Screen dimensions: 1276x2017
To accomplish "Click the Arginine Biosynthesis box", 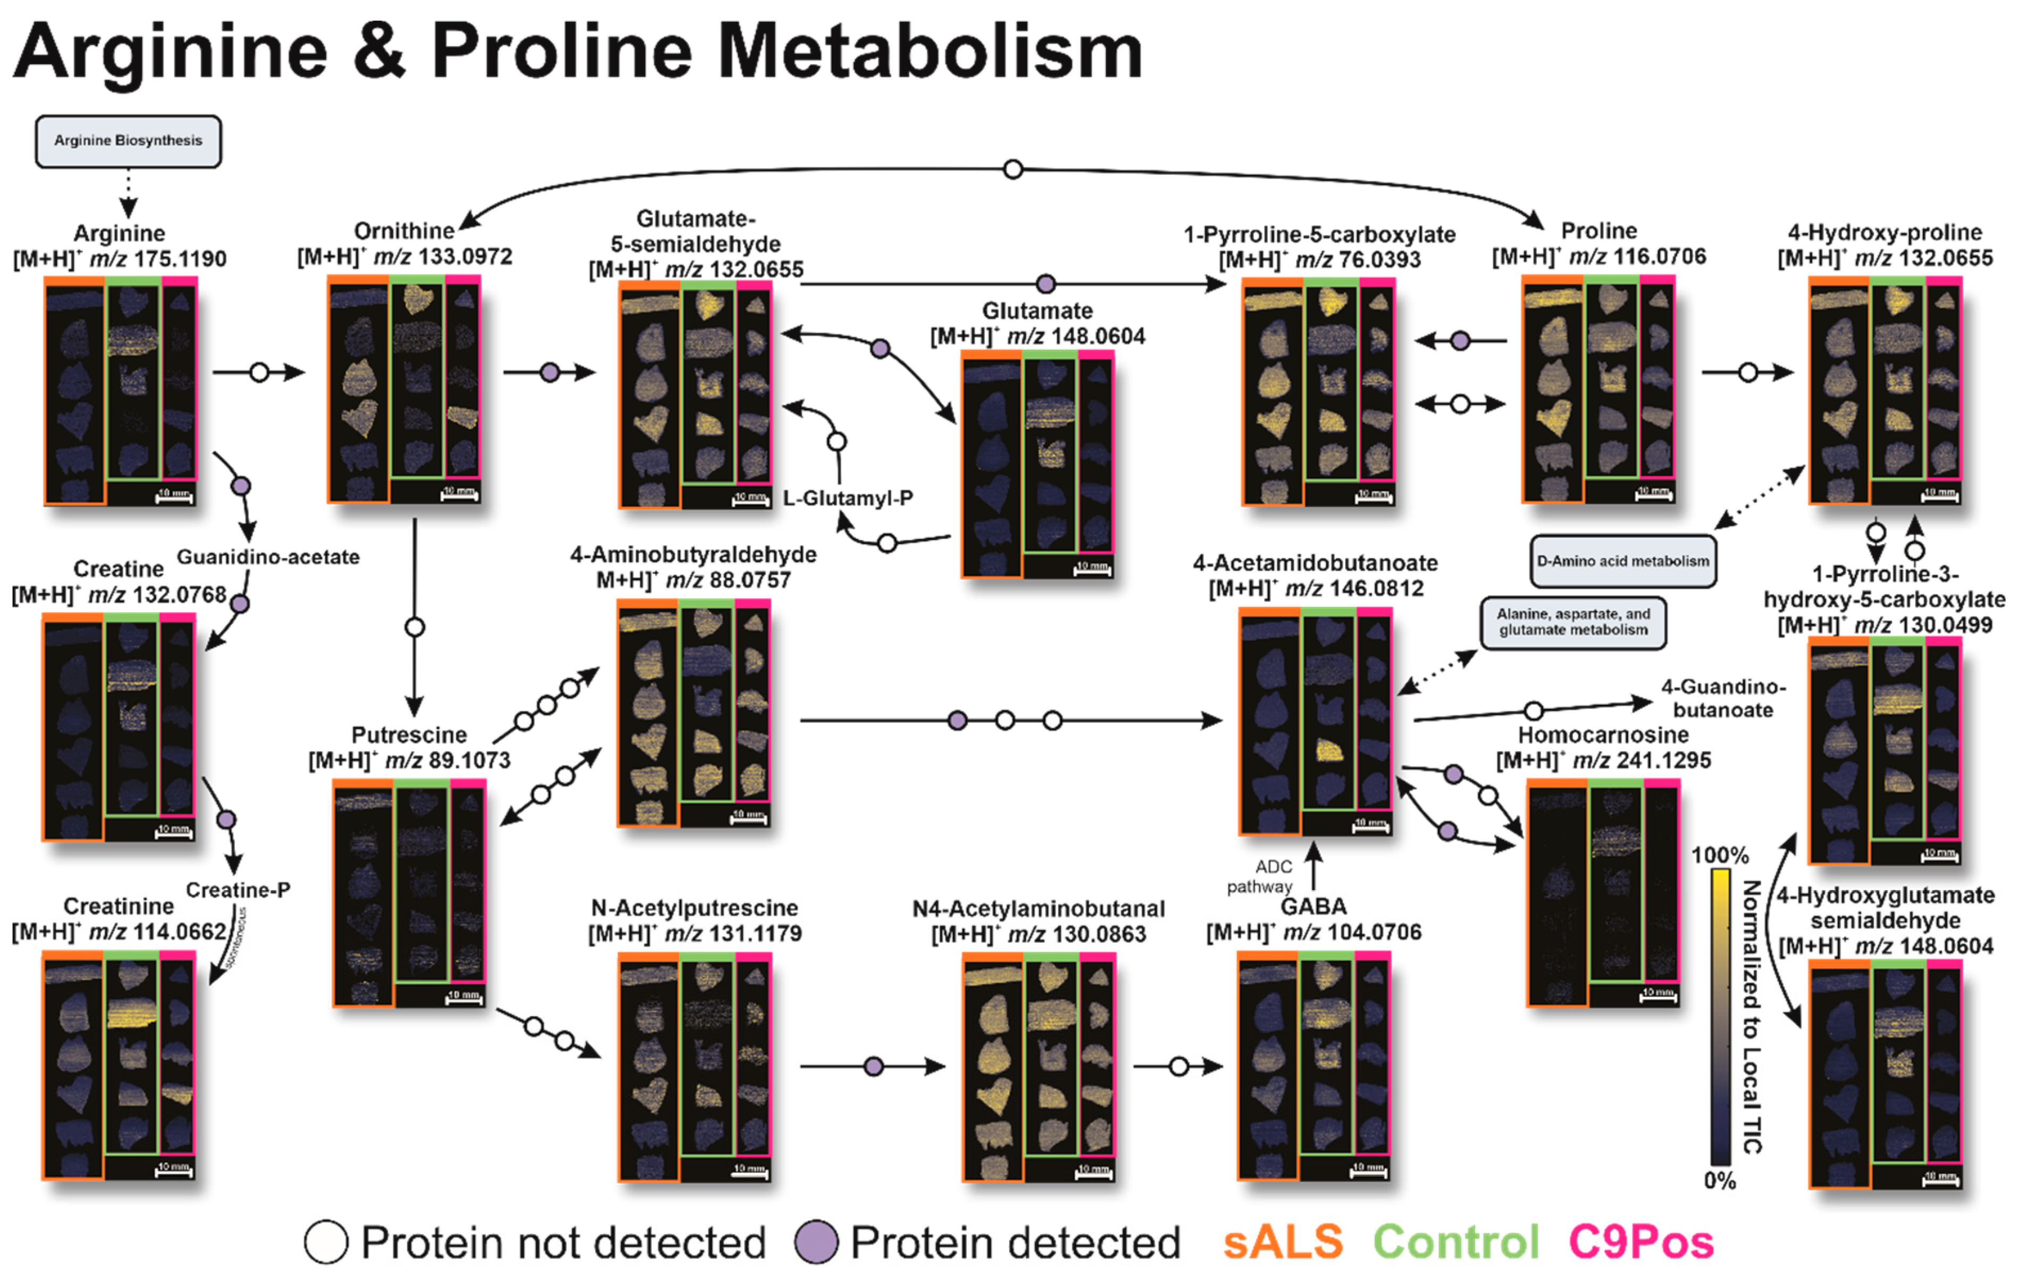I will [128, 141].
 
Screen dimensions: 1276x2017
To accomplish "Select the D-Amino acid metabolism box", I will [1622, 561].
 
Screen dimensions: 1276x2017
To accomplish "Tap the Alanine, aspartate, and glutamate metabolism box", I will [1573, 622].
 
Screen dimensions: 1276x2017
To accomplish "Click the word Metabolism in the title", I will [930, 52].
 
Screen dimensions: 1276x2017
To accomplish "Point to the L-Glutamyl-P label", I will [848, 498].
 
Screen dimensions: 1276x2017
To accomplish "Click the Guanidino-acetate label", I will [268, 557].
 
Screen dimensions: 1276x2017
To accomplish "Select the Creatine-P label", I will [238, 890].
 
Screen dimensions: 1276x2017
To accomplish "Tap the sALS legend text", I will [1283, 1241].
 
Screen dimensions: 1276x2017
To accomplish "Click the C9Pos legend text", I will [1640, 1241].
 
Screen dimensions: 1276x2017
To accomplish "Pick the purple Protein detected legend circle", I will [816, 1241].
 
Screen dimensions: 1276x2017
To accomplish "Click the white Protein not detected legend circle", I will [326, 1241].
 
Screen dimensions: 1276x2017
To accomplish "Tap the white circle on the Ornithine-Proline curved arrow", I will [1012, 169].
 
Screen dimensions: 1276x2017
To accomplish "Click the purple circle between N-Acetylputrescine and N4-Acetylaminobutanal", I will [874, 1066].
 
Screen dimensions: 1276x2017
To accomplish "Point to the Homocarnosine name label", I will [1602, 735].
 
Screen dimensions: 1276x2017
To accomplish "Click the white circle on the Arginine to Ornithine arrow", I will [260, 372].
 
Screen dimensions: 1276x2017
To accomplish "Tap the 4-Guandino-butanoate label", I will [1723, 698].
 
